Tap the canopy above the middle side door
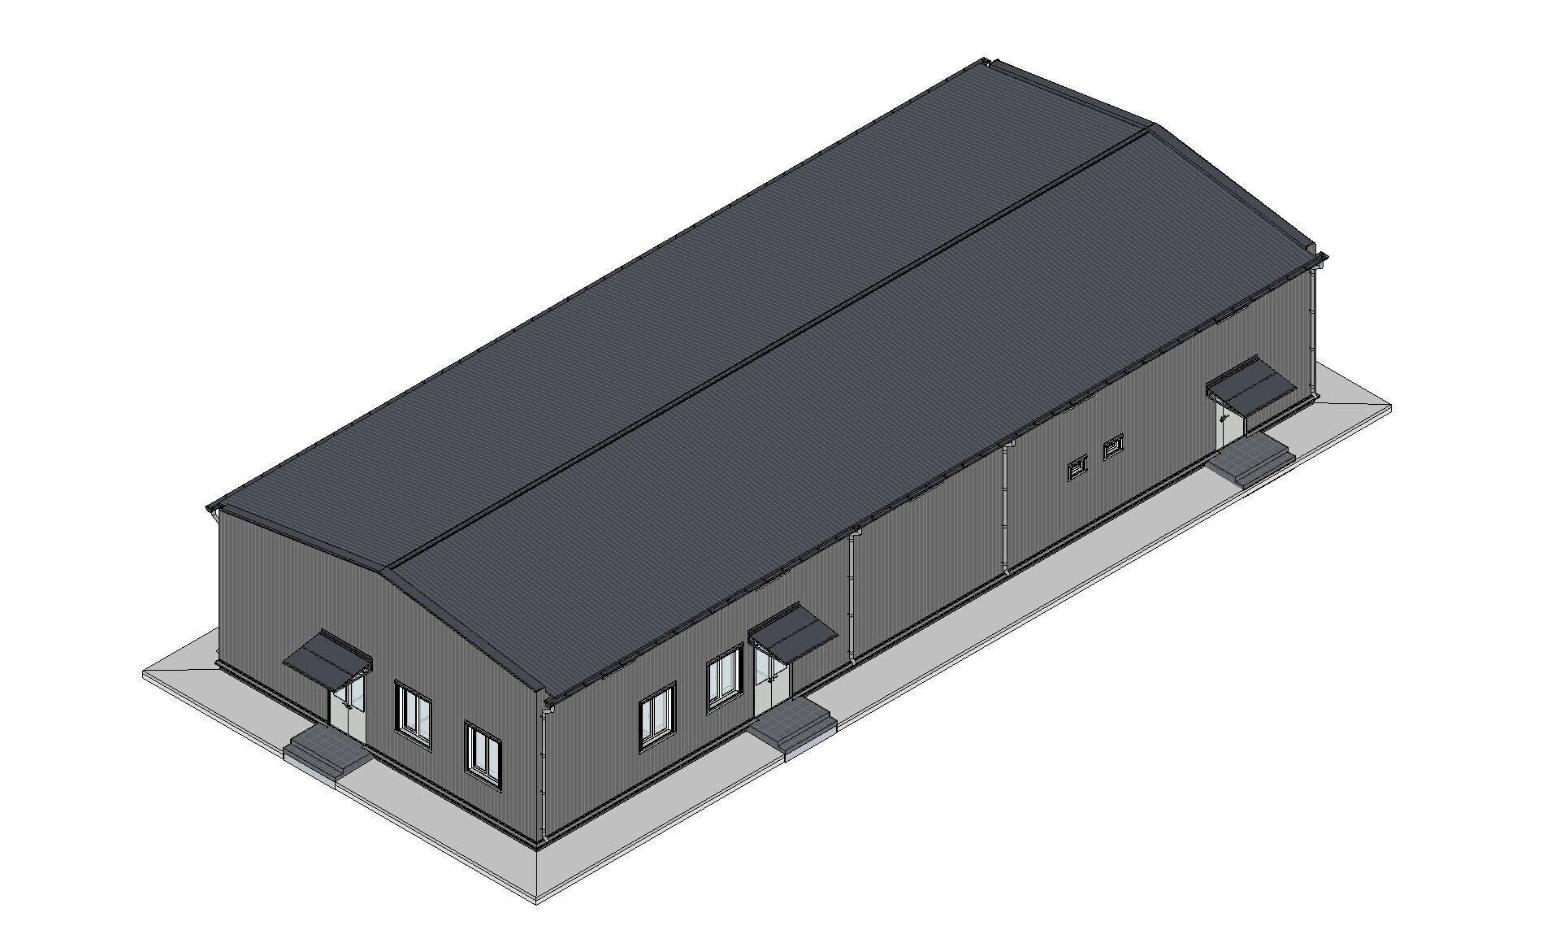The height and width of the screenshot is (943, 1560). (793, 632)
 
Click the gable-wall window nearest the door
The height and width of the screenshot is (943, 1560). (414, 711)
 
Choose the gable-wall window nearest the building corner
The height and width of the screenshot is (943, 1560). (483, 751)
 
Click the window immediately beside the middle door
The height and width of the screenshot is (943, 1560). (724, 676)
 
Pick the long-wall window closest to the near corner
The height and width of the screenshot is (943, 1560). (657, 715)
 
